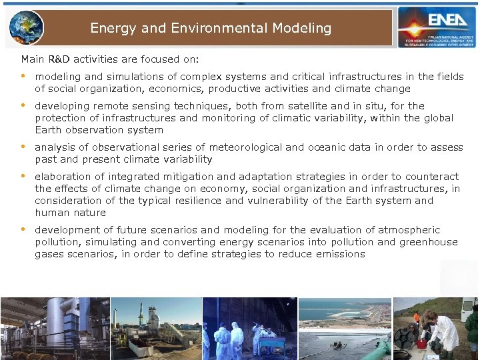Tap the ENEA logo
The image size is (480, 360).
[437, 27]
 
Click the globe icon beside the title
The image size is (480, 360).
[27, 27]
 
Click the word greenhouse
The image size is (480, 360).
[427, 242]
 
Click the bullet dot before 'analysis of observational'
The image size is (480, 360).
[24, 147]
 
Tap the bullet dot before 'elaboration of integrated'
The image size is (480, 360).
[24, 176]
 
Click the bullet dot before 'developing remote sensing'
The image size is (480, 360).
[24, 105]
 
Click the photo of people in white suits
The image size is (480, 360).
[249, 329]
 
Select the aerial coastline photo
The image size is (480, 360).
[345, 329]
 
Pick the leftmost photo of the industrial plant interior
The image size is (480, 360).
[54, 329]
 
